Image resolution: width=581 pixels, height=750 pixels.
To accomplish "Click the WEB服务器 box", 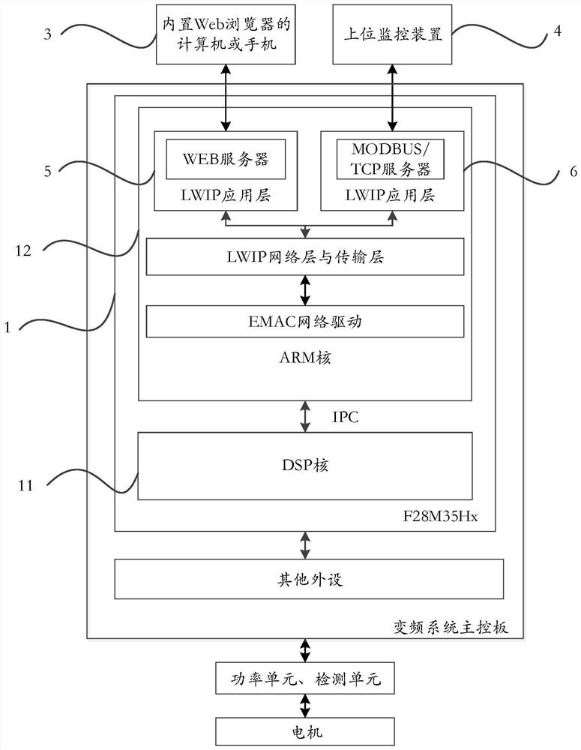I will click(x=226, y=160).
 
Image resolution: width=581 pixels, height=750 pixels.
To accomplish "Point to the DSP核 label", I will click(x=306, y=465).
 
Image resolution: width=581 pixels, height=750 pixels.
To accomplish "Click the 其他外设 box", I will click(x=306, y=579).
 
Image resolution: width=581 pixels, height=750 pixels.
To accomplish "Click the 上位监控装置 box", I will click(x=393, y=36).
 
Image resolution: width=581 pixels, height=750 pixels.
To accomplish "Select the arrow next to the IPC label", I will click(x=306, y=417).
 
